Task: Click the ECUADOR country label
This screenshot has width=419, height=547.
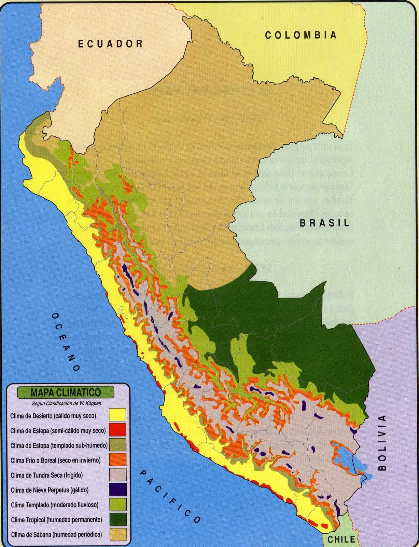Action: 110,43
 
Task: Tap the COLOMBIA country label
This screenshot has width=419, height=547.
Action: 301,35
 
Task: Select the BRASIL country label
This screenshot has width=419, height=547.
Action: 324,223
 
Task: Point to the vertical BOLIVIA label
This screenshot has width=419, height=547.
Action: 382,442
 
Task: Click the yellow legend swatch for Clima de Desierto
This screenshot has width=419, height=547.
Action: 117,415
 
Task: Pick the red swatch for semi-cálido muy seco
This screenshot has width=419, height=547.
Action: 117,430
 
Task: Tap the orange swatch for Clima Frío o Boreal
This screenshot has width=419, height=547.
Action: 117,460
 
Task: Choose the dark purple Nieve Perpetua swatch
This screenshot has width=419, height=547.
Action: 117,490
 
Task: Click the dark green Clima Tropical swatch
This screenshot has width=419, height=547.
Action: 117,519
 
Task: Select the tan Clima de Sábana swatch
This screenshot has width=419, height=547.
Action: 117,534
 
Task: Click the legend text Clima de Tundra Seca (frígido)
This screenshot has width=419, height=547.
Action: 46,475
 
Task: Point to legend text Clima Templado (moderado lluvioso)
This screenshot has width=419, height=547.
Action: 55,505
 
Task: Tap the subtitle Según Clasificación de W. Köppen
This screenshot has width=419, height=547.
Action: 66,403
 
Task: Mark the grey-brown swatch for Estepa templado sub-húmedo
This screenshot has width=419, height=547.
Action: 117,445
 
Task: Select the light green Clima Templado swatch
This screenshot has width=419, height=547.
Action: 117,505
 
